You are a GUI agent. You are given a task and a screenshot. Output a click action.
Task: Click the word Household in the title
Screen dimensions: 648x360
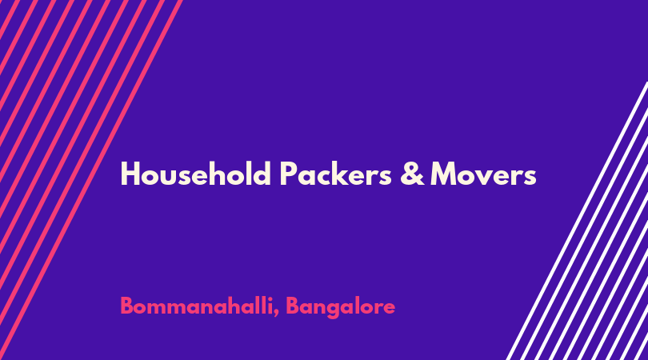(x=196, y=174)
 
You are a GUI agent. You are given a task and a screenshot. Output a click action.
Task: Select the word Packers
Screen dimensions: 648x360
(x=335, y=174)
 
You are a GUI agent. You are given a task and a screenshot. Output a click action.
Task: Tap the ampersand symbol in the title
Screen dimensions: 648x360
(x=412, y=174)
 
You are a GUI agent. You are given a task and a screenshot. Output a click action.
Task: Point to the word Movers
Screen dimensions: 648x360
(x=483, y=174)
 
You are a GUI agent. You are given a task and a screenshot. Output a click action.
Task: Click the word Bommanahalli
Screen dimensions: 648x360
(x=197, y=306)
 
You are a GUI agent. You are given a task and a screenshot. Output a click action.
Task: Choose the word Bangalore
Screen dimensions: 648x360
(x=340, y=307)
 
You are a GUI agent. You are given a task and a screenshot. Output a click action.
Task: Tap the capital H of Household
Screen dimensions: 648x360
(x=130, y=174)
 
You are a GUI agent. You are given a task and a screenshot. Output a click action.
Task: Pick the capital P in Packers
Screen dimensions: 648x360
(x=289, y=174)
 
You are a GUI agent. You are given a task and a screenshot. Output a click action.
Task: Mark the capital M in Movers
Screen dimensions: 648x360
(x=444, y=174)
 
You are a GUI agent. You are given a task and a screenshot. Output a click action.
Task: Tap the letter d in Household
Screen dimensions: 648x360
(x=262, y=174)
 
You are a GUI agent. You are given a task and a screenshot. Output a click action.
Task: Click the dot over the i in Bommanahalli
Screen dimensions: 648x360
(x=269, y=298)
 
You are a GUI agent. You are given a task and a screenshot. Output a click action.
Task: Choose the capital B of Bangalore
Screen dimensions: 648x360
(x=293, y=306)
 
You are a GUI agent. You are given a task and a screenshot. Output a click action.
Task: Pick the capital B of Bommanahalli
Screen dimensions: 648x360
(x=127, y=306)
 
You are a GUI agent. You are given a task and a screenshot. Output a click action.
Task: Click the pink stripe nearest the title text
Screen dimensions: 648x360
(x=91, y=180)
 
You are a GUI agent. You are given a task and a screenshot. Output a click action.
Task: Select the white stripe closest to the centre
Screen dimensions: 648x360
(x=577, y=221)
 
